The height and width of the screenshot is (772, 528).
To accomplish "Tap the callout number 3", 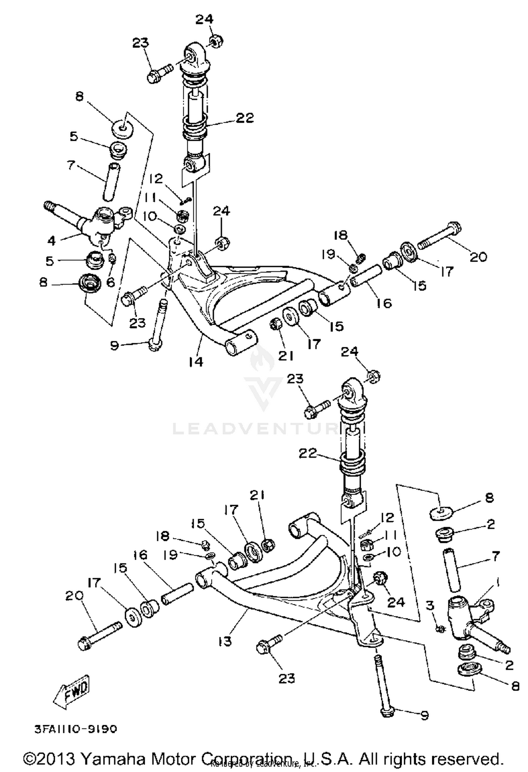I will pyautogui.click(x=430, y=605).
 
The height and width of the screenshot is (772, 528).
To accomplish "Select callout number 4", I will pyautogui.click(x=52, y=241).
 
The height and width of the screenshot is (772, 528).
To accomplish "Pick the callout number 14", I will pyautogui.click(x=196, y=361).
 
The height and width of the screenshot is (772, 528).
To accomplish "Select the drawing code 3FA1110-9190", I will pyautogui.click(x=75, y=729).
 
